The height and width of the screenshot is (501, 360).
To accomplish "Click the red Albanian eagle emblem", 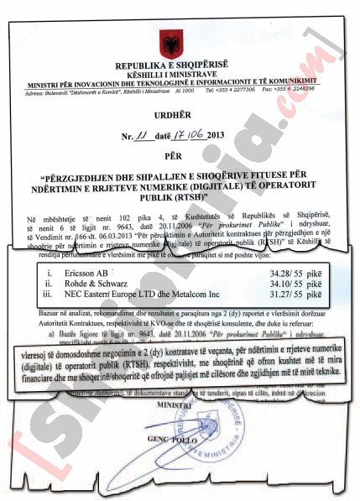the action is point(177,44).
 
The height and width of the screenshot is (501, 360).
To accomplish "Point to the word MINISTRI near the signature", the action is point(172,404).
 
